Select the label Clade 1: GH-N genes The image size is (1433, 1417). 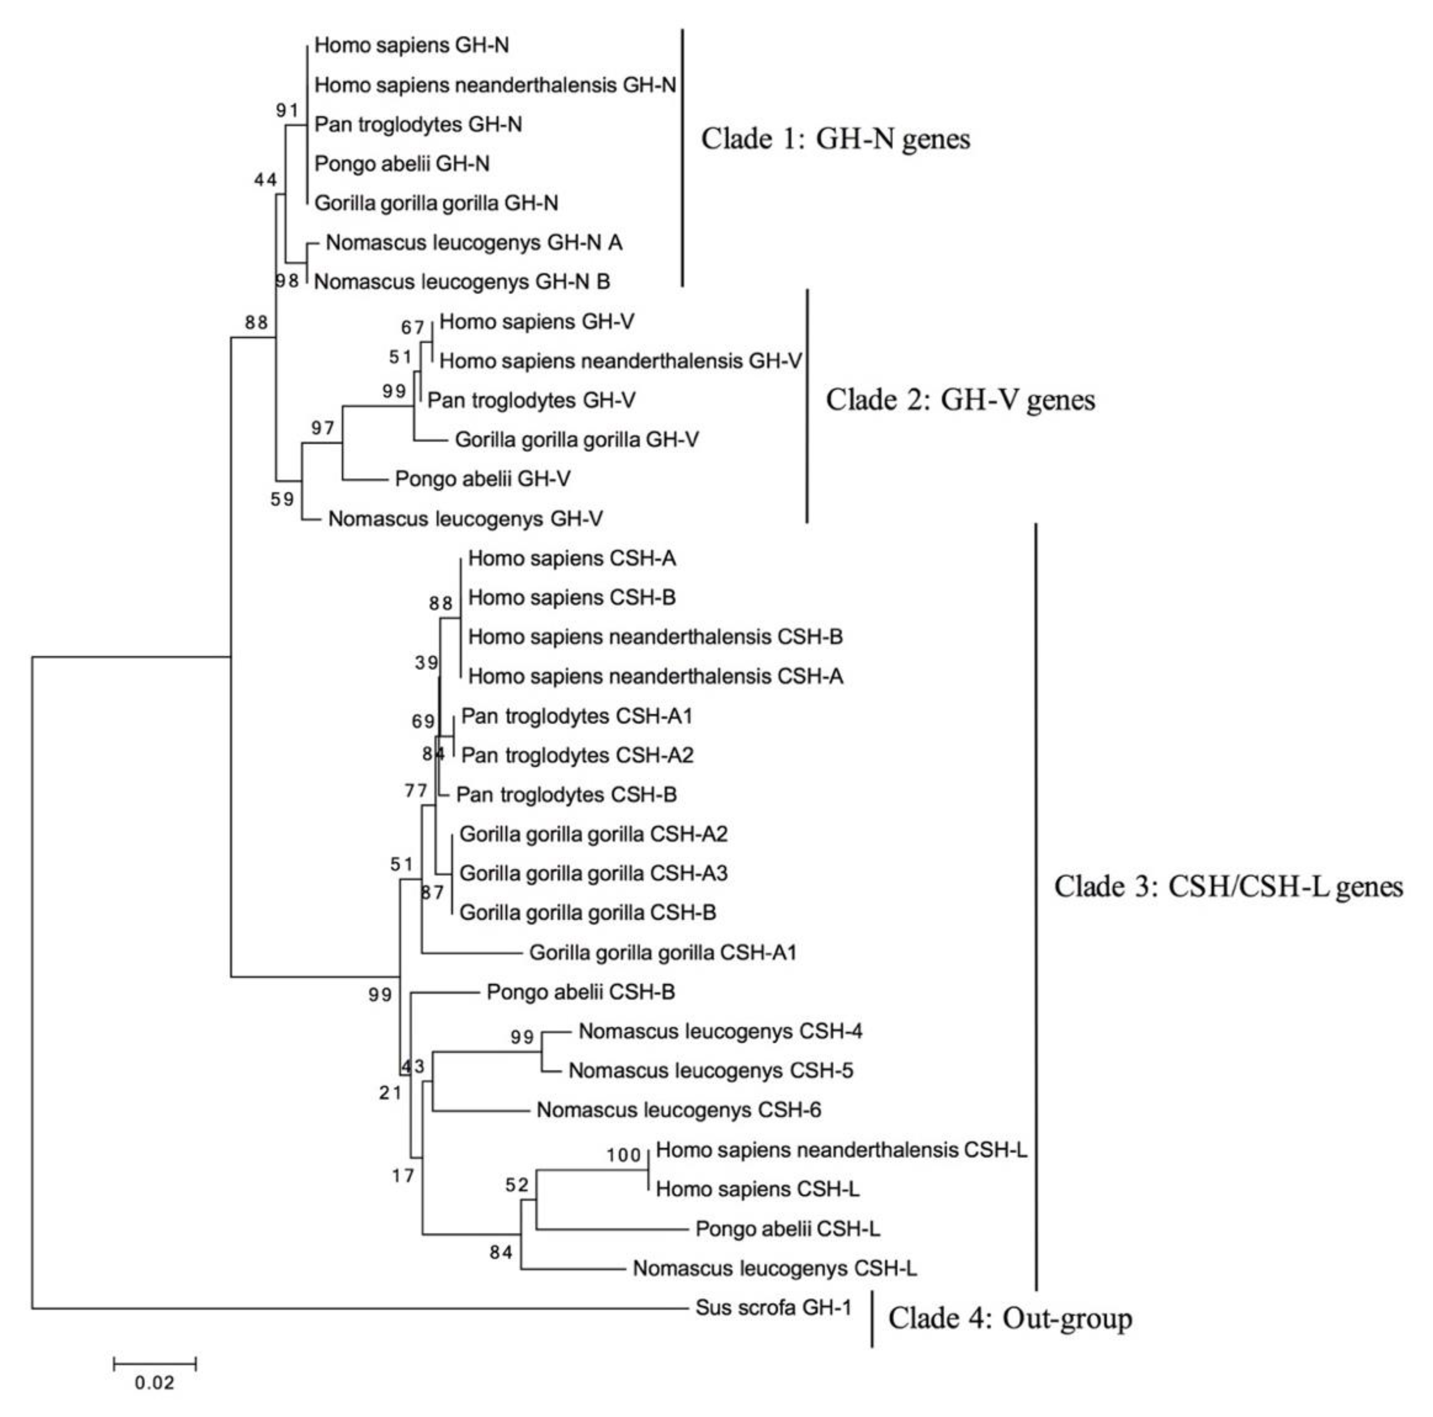835,139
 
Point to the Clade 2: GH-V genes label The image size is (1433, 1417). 960,400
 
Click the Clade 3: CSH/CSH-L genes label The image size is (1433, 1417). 1228,887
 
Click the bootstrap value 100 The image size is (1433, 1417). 623,1155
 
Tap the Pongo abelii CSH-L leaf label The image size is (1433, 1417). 787,1229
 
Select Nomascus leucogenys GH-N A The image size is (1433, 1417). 473,242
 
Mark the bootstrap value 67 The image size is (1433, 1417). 413,327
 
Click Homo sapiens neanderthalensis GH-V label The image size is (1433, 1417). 620,361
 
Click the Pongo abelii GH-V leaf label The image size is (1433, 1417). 482,479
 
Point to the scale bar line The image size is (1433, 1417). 154,1363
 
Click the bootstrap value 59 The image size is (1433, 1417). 282,499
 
